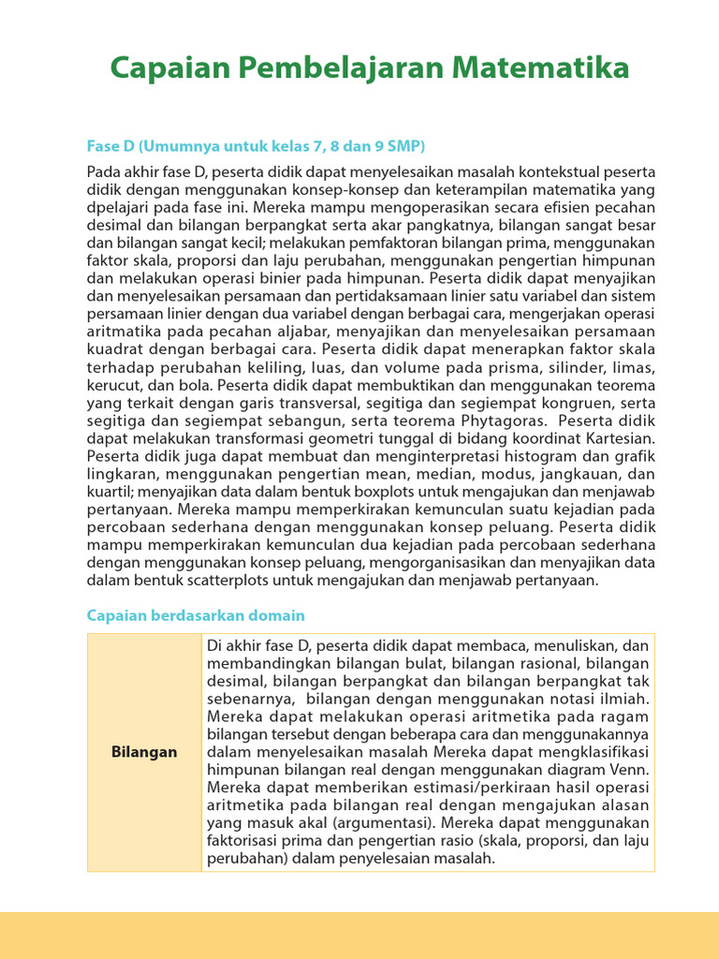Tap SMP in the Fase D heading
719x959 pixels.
coord(403,146)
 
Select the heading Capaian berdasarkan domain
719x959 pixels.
coord(196,615)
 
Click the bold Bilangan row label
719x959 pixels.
coord(144,752)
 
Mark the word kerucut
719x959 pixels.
coord(113,385)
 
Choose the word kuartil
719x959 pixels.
coord(110,492)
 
